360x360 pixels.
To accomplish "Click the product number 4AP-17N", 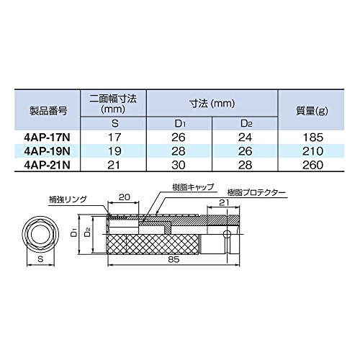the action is coord(47,138).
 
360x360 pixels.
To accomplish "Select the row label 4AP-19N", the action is coord(47,151).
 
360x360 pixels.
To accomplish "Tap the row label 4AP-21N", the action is coord(47,165).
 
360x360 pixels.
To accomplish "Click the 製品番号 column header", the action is coord(48,111).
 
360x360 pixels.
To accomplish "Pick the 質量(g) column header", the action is coord(312,111).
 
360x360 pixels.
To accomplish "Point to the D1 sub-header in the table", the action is coord(179,123).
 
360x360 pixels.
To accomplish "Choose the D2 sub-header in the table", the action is coord(246,123).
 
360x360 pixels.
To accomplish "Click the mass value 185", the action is coord(313,138).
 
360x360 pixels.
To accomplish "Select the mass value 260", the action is coord(313,165).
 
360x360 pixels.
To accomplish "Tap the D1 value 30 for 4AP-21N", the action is coord(179,165).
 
